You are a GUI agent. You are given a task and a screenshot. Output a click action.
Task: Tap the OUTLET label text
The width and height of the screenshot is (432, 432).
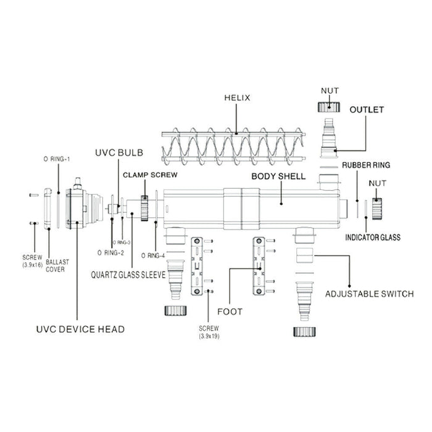coord(367,110)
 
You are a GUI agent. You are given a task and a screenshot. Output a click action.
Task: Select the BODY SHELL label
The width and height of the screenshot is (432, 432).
coord(278,176)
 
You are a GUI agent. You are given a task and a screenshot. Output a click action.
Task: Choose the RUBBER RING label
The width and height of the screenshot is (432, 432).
coord(368,165)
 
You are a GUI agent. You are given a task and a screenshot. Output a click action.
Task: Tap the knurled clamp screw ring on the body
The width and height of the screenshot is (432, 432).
coord(146,209)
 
